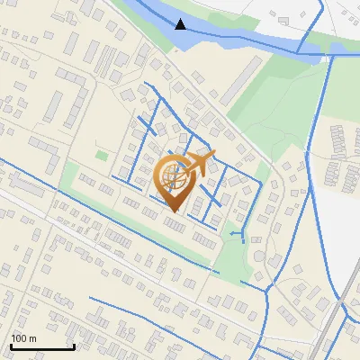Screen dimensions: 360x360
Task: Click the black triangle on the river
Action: coord(181,23)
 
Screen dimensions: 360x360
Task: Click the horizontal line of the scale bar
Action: coord(41,347)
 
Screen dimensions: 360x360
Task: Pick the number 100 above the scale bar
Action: coord(20,338)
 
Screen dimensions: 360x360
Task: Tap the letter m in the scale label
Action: coord(33,339)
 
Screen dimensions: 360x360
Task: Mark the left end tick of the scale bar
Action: coord(10,345)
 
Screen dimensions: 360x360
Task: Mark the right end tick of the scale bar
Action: coord(74,345)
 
